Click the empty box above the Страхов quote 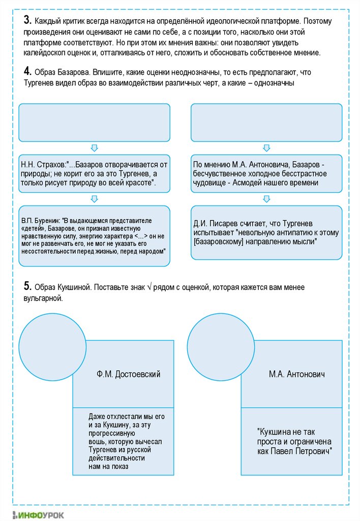click(x=94, y=122)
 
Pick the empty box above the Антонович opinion click(x=266, y=122)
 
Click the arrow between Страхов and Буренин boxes click(x=94, y=198)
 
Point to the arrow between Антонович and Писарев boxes click(x=266, y=198)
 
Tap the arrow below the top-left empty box click(x=94, y=148)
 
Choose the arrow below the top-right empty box click(x=266, y=148)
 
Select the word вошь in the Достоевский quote click(x=96, y=441)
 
